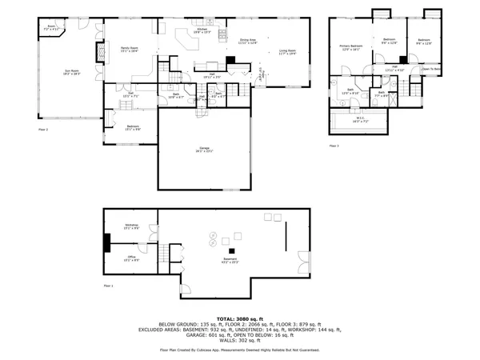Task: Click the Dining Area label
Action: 247,40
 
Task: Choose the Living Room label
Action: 287,53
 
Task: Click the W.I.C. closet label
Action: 362,121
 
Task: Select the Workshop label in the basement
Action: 132,226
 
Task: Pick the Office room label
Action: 132,258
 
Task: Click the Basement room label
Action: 230,259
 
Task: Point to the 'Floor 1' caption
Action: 108,286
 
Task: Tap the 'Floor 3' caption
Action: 334,146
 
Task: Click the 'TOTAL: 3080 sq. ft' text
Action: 240,318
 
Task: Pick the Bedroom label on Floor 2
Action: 132,126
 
